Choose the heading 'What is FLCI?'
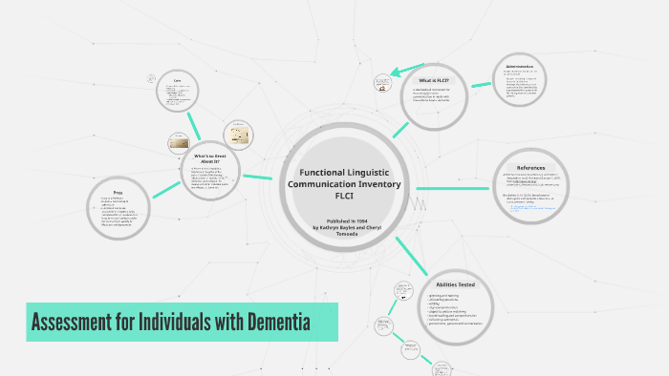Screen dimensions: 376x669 pyautogui.click(x=433, y=80)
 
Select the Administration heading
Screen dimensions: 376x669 pyautogui.click(x=526, y=67)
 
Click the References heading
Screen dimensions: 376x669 pyautogui.click(x=530, y=167)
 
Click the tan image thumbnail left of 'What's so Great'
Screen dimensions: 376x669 pyautogui.click(x=178, y=144)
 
